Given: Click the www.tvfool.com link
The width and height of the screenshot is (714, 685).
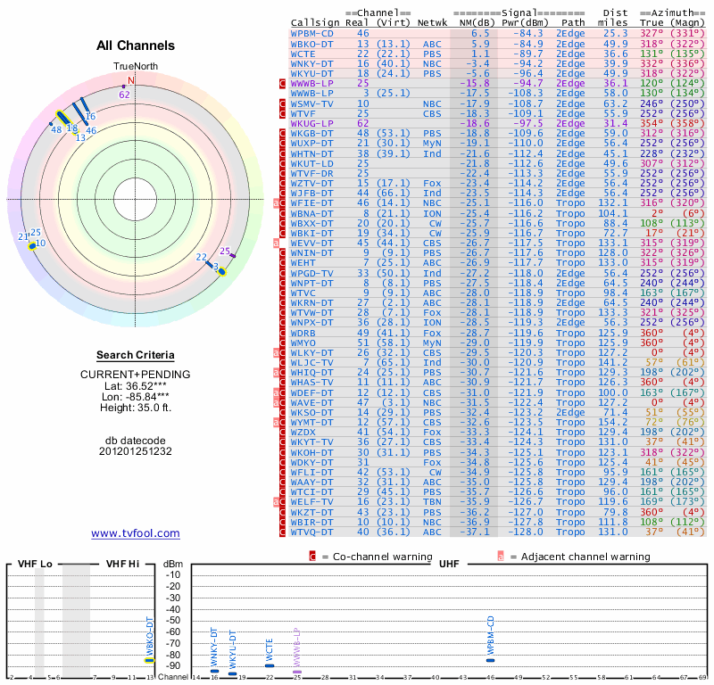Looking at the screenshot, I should (x=136, y=533).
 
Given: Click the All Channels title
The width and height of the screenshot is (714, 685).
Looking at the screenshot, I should (x=136, y=45).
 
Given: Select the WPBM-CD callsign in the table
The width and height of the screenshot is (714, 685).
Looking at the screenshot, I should (x=312, y=33).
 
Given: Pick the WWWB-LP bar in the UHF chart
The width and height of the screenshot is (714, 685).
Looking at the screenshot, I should (x=297, y=672).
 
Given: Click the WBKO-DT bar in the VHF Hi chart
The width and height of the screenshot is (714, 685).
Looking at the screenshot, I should (x=150, y=661).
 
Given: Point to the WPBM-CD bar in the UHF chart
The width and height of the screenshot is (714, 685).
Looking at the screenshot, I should (x=490, y=660).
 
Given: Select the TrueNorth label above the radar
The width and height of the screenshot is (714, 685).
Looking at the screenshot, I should (x=135, y=66).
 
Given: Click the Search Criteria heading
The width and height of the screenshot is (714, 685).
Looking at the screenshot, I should (x=136, y=355).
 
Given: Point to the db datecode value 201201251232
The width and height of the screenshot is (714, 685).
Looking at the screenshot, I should (x=136, y=451).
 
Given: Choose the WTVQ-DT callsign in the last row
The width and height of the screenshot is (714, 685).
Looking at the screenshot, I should (x=312, y=532).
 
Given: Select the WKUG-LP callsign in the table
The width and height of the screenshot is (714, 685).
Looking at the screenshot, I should (x=312, y=123).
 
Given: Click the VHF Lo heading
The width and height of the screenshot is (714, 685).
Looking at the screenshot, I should (x=33, y=564).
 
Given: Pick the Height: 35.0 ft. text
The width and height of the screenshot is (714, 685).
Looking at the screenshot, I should (x=136, y=409).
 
